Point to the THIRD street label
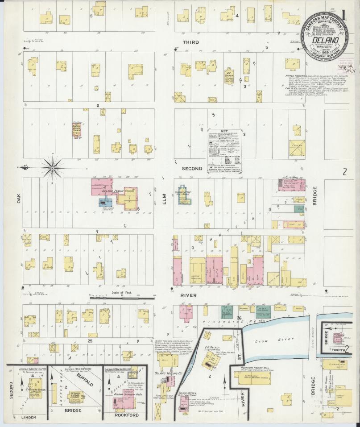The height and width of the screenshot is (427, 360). click(191, 42)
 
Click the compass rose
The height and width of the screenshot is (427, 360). click(52, 167)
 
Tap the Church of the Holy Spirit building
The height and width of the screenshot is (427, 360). click(183, 195)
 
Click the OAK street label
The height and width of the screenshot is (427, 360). click(19, 198)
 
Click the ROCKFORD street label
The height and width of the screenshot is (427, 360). click(126, 415)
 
